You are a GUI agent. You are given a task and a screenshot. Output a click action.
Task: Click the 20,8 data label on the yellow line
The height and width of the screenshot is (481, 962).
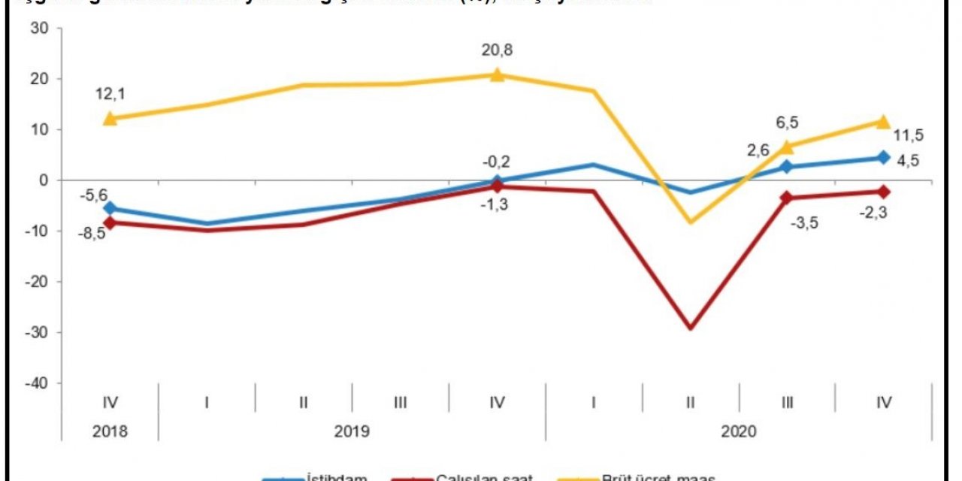(497, 50)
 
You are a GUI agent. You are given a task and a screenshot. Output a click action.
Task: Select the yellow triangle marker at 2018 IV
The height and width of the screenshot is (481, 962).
(110, 118)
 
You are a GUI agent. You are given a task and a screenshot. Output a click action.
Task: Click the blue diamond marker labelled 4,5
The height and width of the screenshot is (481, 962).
(884, 158)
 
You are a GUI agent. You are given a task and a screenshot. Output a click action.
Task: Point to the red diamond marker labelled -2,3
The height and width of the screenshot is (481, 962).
(884, 192)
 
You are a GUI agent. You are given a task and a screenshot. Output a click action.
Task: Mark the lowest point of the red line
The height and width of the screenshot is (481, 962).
(690, 328)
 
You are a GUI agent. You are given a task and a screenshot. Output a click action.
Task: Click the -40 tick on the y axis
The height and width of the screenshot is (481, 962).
(37, 383)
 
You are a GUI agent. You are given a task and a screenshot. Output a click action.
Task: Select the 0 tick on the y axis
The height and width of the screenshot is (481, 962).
(44, 180)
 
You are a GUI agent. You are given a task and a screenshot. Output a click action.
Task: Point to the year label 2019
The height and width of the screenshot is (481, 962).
(352, 432)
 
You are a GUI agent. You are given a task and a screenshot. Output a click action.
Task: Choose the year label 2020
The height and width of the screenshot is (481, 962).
(738, 432)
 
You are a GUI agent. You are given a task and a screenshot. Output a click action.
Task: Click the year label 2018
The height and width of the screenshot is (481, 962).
(110, 432)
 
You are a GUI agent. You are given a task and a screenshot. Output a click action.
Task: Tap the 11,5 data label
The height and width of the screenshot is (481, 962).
(909, 135)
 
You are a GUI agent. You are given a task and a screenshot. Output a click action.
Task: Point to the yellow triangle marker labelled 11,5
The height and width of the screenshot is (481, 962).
(884, 122)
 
